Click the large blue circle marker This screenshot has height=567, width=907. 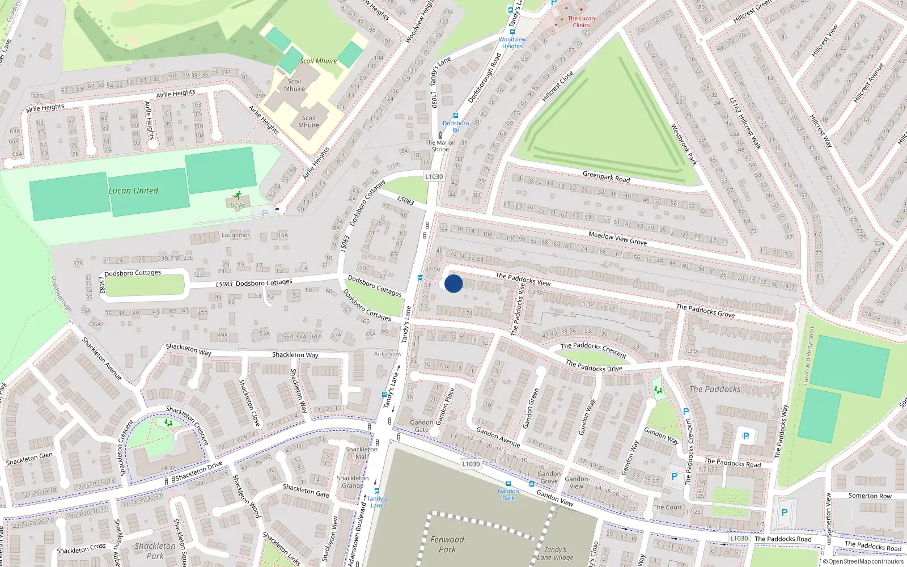(x=453, y=283)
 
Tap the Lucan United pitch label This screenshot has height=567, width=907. (x=133, y=191)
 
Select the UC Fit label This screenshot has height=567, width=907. (x=238, y=205)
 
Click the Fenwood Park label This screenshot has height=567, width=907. (x=447, y=544)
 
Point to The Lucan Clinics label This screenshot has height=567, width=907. (x=581, y=22)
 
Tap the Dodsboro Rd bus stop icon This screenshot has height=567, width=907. (x=456, y=116)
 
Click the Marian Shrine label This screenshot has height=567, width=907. (x=440, y=146)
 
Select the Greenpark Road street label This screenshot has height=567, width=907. (x=606, y=177)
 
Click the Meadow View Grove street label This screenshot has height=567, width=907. (x=617, y=238)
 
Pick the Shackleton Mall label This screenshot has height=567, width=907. (x=361, y=452)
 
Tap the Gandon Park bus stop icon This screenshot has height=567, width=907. (x=508, y=484)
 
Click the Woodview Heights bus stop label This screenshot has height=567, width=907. (x=512, y=43)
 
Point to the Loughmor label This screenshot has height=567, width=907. (x=235, y=235)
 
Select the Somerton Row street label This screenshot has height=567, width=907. (x=870, y=496)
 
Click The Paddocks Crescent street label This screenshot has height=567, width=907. (x=593, y=350)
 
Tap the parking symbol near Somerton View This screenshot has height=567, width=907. (x=784, y=512)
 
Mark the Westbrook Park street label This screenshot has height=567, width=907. (x=684, y=145)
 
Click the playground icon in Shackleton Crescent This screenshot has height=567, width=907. (x=168, y=423)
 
